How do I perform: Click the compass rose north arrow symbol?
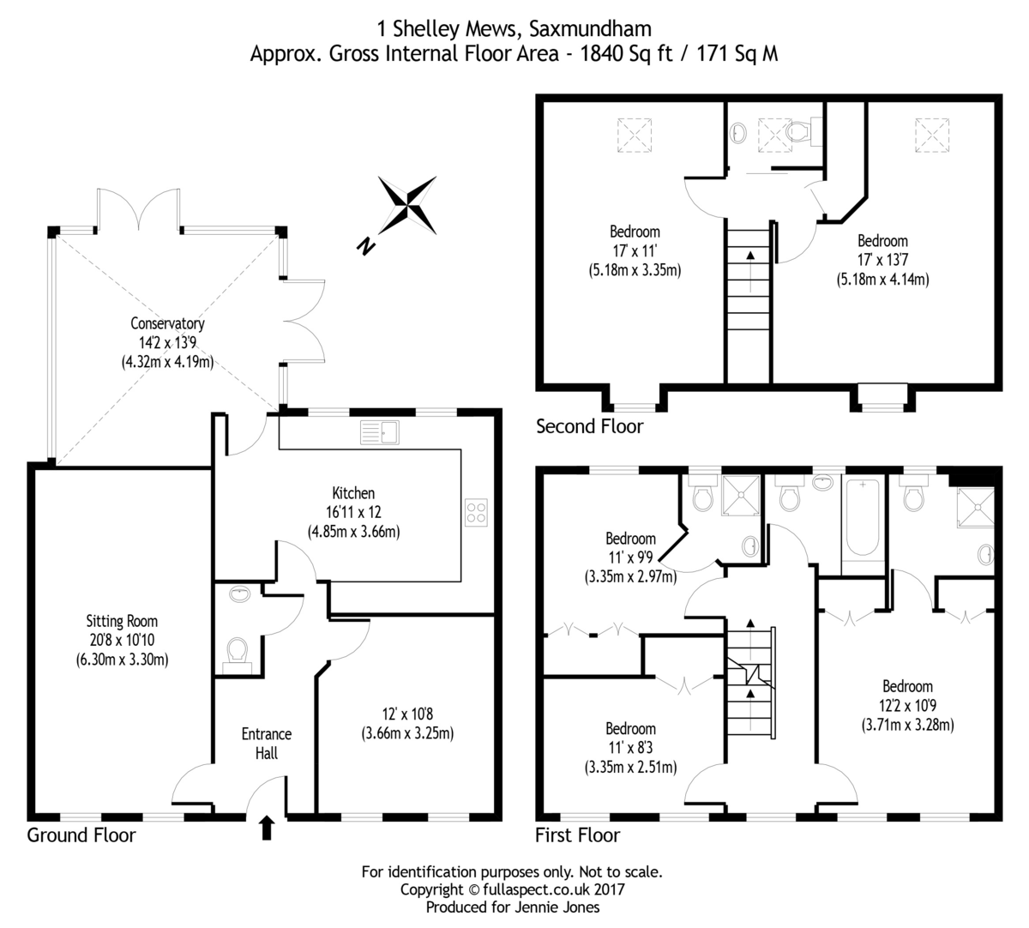(x=408, y=205)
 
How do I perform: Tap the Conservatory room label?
(x=167, y=323)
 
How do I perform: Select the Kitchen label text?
(x=353, y=493)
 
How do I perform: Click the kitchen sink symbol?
(x=378, y=432)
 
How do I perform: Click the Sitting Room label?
(x=122, y=621)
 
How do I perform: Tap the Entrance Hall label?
(x=266, y=744)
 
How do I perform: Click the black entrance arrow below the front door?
(x=266, y=828)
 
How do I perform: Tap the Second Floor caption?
(x=589, y=425)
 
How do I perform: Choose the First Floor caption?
(x=577, y=835)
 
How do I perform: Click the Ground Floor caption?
(x=81, y=835)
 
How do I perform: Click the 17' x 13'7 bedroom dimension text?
(x=882, y=260)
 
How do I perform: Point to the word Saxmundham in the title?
(x=590, y=29)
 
